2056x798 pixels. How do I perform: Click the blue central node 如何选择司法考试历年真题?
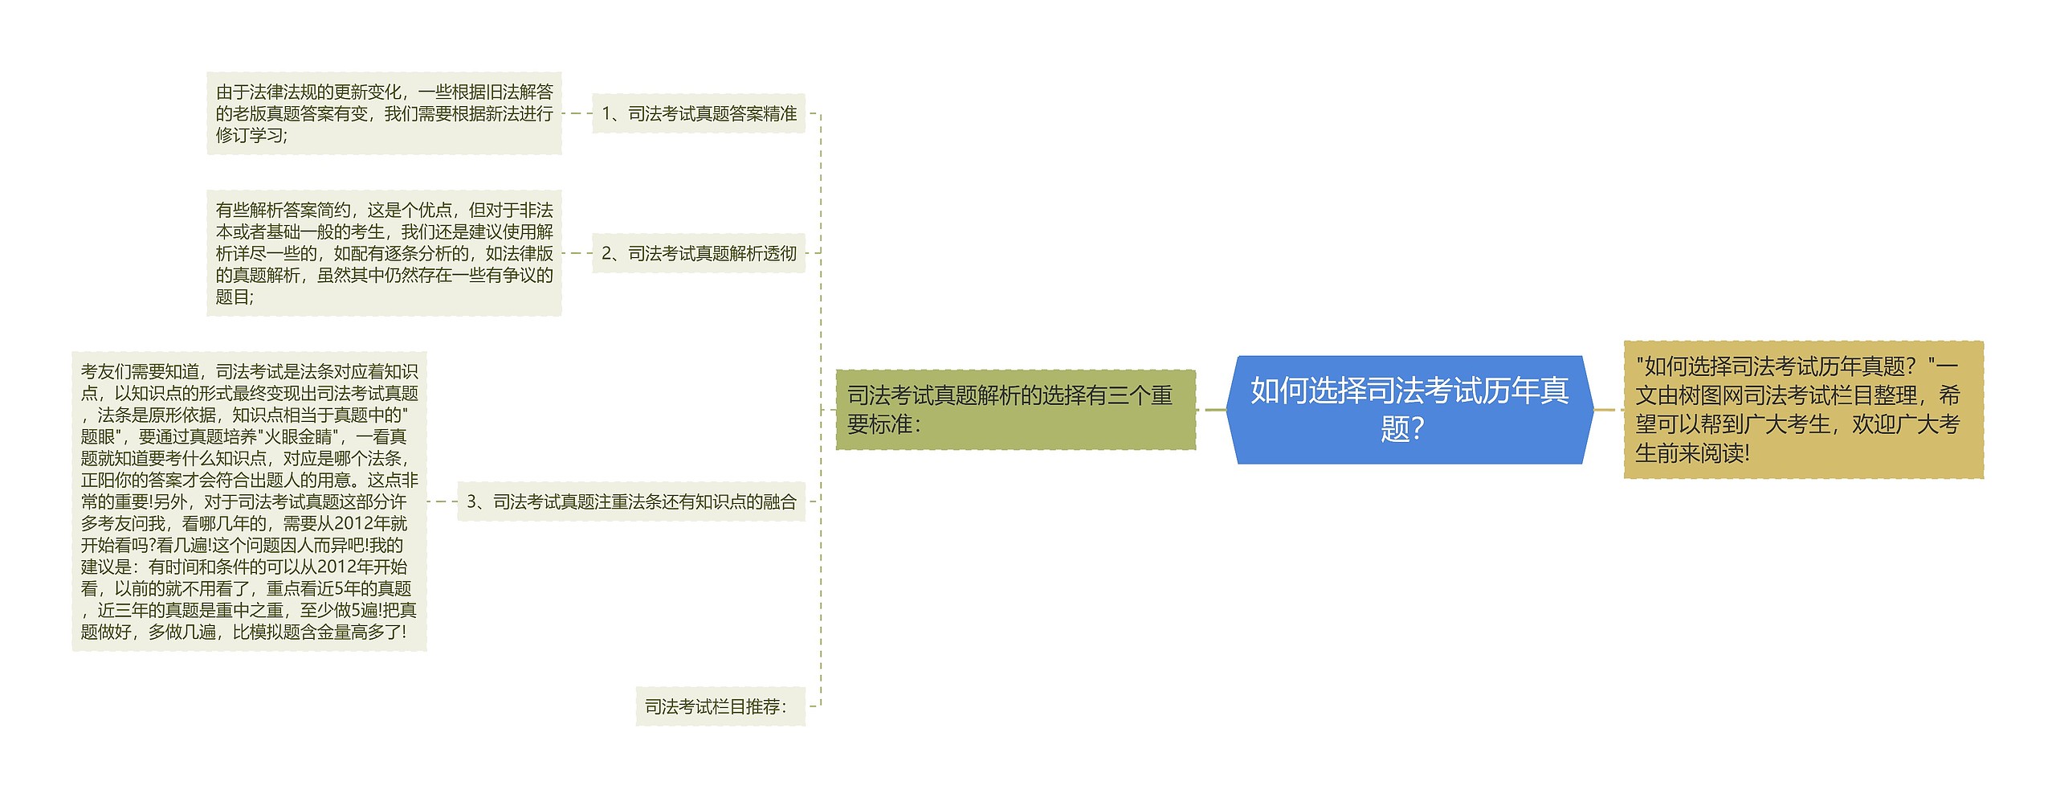coord(1409,410)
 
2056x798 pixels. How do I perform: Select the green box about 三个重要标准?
coord(1015,410)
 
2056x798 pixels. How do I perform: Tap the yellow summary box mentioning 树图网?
coord(1803,410)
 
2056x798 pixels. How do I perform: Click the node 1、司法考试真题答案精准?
coord(699,114)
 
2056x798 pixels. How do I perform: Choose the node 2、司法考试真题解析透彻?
coord(699,254)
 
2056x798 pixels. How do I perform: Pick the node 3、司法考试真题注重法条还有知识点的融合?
coord(631,502)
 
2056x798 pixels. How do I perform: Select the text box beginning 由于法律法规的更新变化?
coord(384,114)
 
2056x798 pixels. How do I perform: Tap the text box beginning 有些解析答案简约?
coord(384,254)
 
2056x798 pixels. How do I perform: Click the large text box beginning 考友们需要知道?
coord(249,502)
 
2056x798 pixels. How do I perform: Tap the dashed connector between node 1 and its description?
coord(577,114)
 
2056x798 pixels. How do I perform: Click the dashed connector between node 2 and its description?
coord(577,254)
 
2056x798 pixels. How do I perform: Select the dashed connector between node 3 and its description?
coord(442,502)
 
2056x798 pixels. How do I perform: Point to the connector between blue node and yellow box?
coord(1609,410)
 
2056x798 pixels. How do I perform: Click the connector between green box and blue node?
coord(1211,410)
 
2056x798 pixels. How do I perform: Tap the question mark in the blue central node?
coord(1417,429)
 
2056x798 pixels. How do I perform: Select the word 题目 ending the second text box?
coord(232,297)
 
